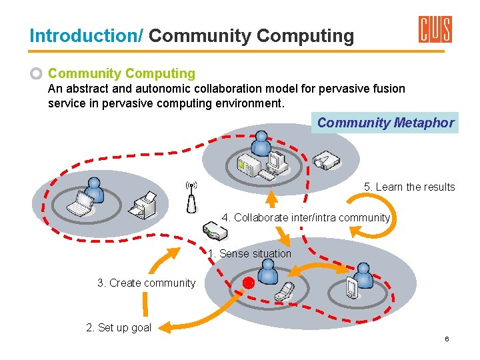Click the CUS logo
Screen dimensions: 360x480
point(435,29)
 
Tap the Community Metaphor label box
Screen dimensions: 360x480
point(385,123)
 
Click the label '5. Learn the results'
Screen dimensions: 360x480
point(409,187)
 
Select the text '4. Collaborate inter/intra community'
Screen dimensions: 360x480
point(305,217)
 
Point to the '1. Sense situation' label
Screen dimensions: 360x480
point(249,253)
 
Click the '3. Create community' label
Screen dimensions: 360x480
point(146,283)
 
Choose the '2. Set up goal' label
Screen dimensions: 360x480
point(119,327)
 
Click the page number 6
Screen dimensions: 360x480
point(447,339)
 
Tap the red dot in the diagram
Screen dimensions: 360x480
point(248,282)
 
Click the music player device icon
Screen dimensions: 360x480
point(351,287)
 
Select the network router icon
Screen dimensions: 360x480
point(215,232)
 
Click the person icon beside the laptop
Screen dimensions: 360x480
point(95,190)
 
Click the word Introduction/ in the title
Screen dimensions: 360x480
point(86,35)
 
